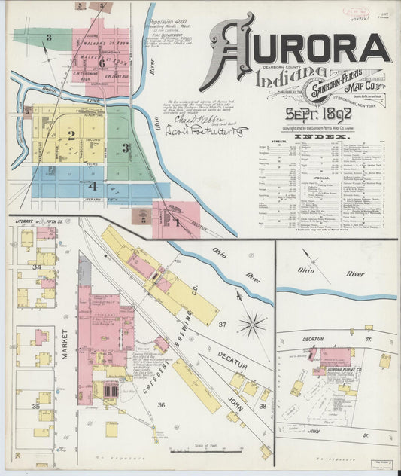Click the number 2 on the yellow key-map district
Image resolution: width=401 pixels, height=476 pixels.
coord(71,136)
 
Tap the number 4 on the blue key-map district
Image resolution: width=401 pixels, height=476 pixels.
coord(93,185)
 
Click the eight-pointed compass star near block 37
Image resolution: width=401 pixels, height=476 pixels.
coord(252,325)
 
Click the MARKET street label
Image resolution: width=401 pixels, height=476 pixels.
coord(65,343)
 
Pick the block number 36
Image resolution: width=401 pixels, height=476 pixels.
coord(160,404)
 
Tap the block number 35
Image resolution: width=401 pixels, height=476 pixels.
coord(35,406)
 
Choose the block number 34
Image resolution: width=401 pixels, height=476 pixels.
coord(35,267)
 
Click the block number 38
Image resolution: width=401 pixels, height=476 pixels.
coord(262,404)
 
